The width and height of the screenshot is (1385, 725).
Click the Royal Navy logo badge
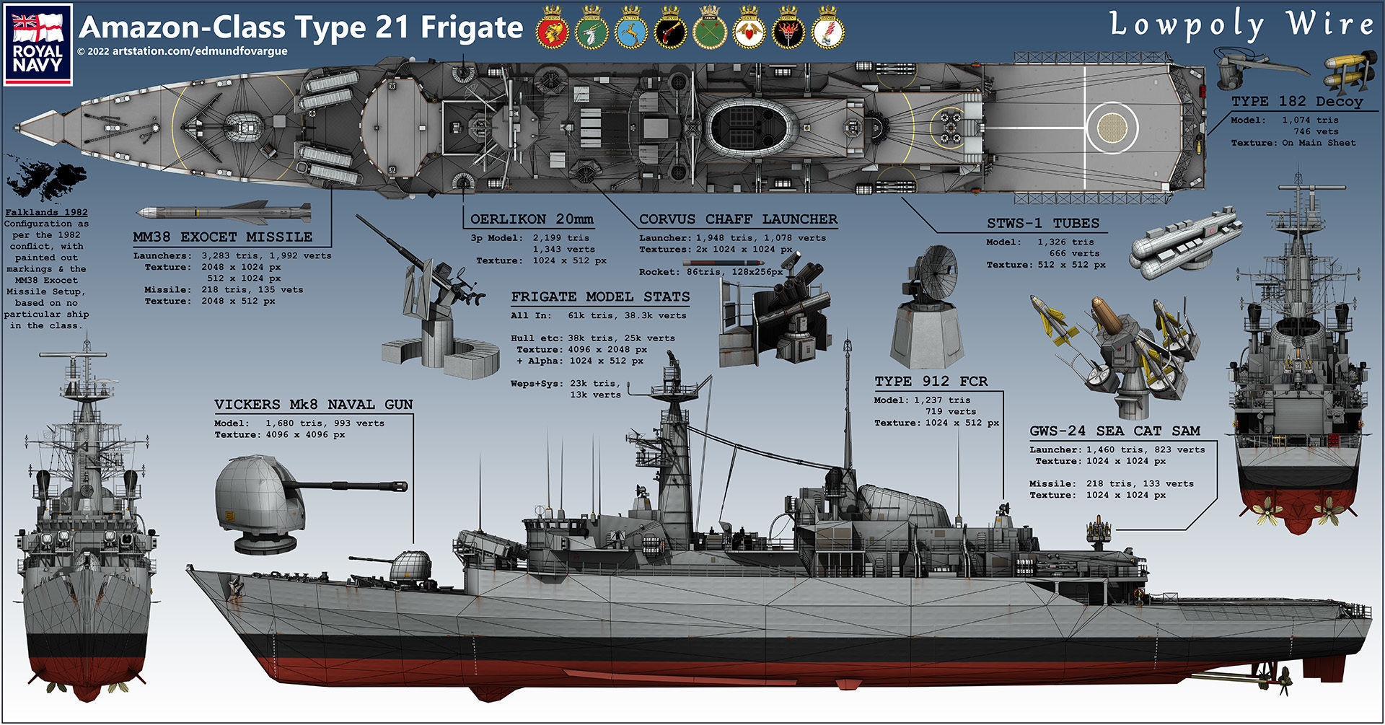[38, 44]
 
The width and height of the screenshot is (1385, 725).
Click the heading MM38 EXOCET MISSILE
[223, 237]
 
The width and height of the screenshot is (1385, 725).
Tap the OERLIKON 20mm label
[532, 219]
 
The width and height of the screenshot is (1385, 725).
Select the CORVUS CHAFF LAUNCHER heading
[738, 219]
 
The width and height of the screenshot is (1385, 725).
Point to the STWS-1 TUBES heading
[1043, 224]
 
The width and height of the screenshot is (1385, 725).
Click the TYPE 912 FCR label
[931, 382]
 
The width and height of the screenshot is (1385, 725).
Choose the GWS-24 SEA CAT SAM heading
[1114, 431]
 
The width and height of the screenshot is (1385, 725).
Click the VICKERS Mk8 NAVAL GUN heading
[314, 405]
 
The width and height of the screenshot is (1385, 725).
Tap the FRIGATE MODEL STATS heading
[600, 297]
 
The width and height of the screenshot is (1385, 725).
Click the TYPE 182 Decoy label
[1297, 102]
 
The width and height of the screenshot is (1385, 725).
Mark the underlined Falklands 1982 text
[46, 213]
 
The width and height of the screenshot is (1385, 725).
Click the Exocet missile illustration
[224, 212]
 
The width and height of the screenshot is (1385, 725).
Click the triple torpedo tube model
[1184, 243]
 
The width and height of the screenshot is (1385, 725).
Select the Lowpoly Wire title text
[1241, 25]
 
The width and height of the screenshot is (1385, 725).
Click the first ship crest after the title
[553, 29]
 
